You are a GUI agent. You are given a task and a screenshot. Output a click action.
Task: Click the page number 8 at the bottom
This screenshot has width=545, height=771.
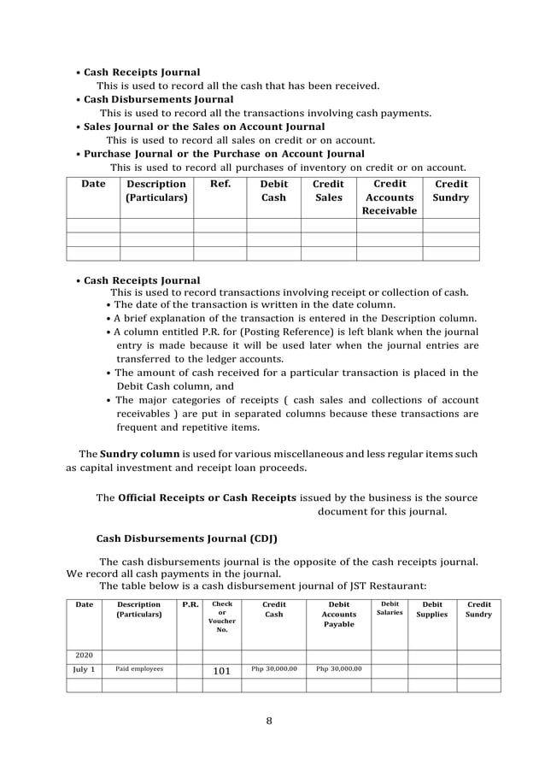269,721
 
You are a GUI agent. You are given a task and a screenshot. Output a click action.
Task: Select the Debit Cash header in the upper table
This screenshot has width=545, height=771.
273,191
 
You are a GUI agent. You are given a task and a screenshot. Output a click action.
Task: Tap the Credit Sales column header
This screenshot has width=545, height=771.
328,191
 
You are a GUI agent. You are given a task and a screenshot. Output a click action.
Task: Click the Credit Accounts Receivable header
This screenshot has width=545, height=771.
390,197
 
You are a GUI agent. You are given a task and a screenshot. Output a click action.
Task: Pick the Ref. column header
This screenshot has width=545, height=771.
220,184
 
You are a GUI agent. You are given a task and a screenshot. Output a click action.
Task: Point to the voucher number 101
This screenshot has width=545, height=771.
221,671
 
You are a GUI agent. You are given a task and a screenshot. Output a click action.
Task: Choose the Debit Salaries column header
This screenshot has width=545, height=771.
390,609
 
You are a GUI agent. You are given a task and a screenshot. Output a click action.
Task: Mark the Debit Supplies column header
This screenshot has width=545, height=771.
432,609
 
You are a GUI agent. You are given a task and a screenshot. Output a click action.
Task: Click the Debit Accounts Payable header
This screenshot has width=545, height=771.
338,615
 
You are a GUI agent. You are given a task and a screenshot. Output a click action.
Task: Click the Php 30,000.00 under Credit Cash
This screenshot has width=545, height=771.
273,669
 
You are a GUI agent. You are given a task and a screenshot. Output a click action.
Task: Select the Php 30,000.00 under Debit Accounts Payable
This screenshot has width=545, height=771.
338,669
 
